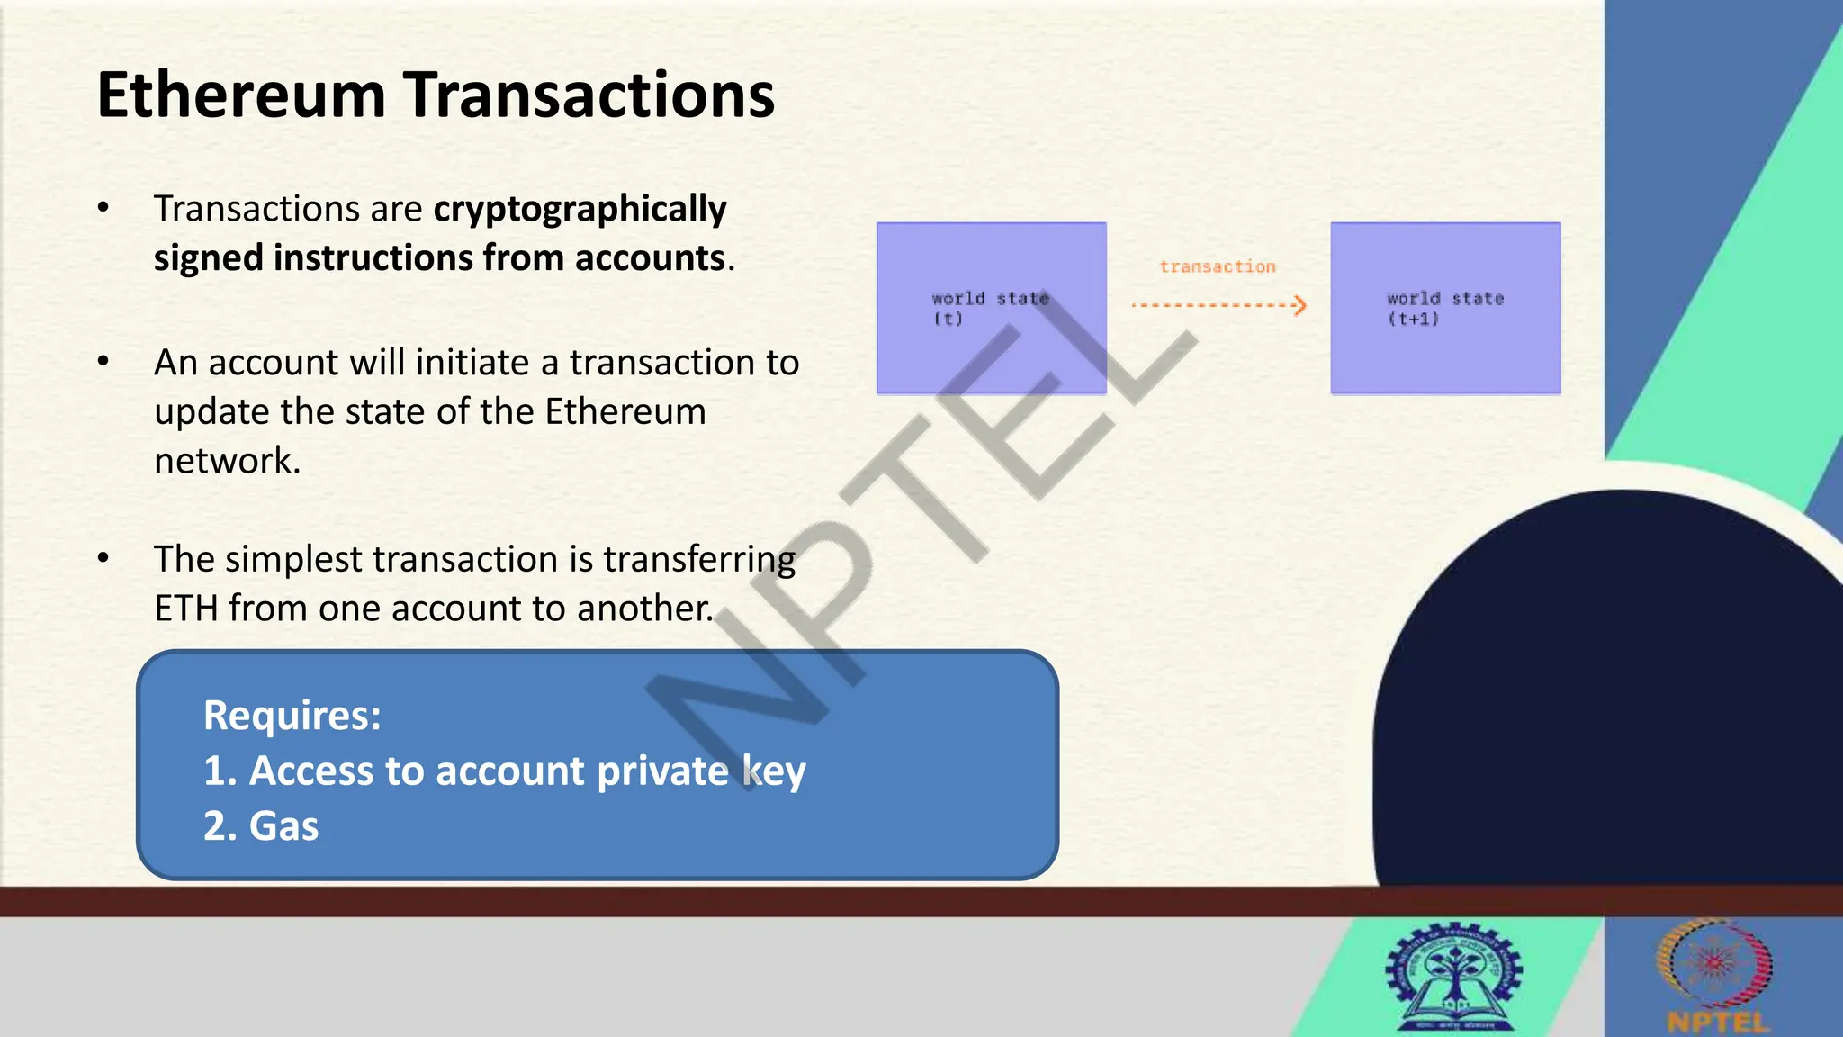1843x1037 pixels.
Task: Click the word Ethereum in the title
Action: tap(241, 95)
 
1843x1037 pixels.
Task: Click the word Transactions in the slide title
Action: tap(589, 95)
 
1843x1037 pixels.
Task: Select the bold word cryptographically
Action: tap(580, 209)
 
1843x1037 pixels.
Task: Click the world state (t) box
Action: tap(991, 308)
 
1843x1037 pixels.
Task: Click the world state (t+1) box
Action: tap(1445, 308)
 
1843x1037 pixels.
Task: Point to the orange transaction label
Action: tap(1217, 266)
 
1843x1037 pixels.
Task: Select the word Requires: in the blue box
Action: tap(292, 716)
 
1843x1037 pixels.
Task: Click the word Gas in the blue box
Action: tap(283, 826)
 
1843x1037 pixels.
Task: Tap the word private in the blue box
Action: tap(662, 771)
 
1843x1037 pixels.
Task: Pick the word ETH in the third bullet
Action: tap(186, 609)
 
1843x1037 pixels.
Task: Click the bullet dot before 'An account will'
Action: tap(103, 362)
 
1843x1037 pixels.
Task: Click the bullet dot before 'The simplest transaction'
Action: tap(103, 558)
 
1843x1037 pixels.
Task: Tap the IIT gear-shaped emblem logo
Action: tap(1454, 975)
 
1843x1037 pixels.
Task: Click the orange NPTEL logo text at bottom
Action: tap(1717, 1023)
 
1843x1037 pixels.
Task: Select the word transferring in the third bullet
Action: tap(698, 559)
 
